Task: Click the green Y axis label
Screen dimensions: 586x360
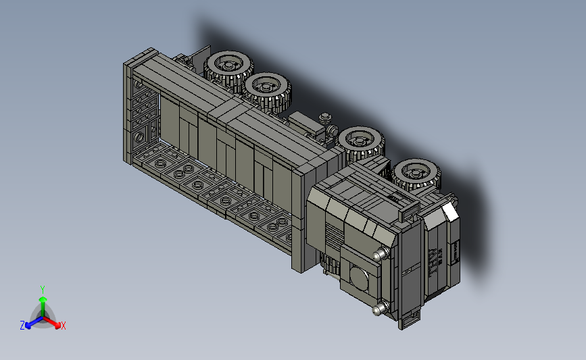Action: (x=43, y=290)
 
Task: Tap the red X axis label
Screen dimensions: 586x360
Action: (x=63, y=326)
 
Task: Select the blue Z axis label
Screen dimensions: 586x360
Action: (x=22, y=326)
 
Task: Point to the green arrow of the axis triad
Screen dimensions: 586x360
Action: (x=43, y=307)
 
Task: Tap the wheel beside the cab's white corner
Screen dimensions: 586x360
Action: (x=416, y=175)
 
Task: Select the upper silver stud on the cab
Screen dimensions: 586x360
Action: (x=381, y=255)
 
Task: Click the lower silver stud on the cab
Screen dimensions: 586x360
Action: (x=381, y=309)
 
